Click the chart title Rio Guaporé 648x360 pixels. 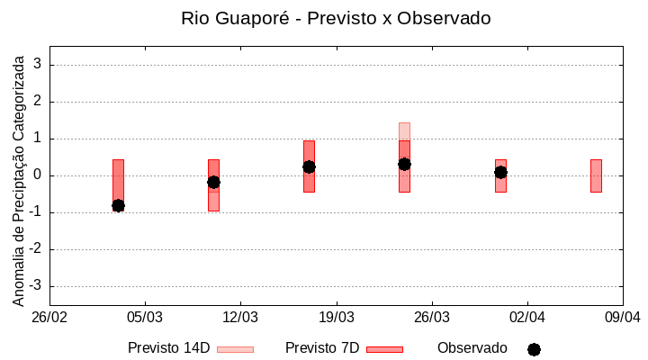pos(336,18)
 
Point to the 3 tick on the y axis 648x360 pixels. pos(38,65)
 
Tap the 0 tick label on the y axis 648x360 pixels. pos(38,175)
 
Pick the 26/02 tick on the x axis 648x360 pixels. pos(49,317)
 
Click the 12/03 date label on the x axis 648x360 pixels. pos(240,317)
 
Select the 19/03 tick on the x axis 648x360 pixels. pos(336,317)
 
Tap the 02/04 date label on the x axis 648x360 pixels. pos(527,317)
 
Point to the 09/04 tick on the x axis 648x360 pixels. pos(623,317)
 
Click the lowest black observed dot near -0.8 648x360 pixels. pos(118,205)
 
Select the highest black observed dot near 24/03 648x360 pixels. pos(404,164)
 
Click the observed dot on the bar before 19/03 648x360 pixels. pos(309,166)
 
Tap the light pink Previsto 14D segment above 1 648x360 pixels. pos(404,131)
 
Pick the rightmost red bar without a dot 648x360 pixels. pos(596,175)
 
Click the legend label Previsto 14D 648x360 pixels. pos(168,347)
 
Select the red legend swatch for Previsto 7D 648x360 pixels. pos(384,348)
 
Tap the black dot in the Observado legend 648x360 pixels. pos(534,349)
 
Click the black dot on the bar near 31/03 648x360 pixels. pos(500,172)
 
